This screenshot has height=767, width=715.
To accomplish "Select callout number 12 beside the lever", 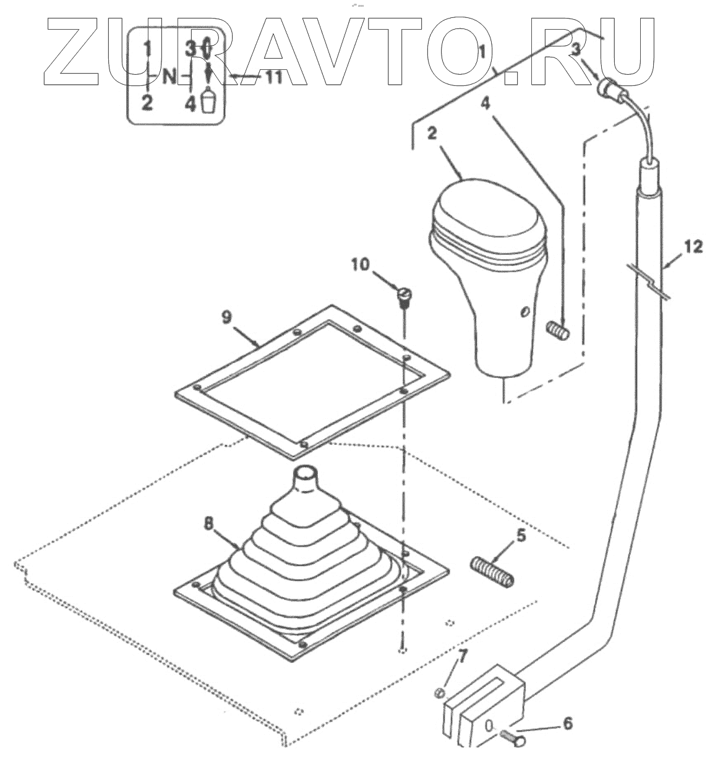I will (693, 247).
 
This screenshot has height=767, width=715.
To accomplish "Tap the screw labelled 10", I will (403, 298).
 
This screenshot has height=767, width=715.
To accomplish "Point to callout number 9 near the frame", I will (226, 317).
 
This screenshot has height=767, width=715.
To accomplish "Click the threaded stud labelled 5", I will (492, 572).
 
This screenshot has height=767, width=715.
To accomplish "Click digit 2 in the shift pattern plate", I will (147, 103).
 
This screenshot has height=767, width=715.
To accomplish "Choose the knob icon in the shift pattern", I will (209, 101).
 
